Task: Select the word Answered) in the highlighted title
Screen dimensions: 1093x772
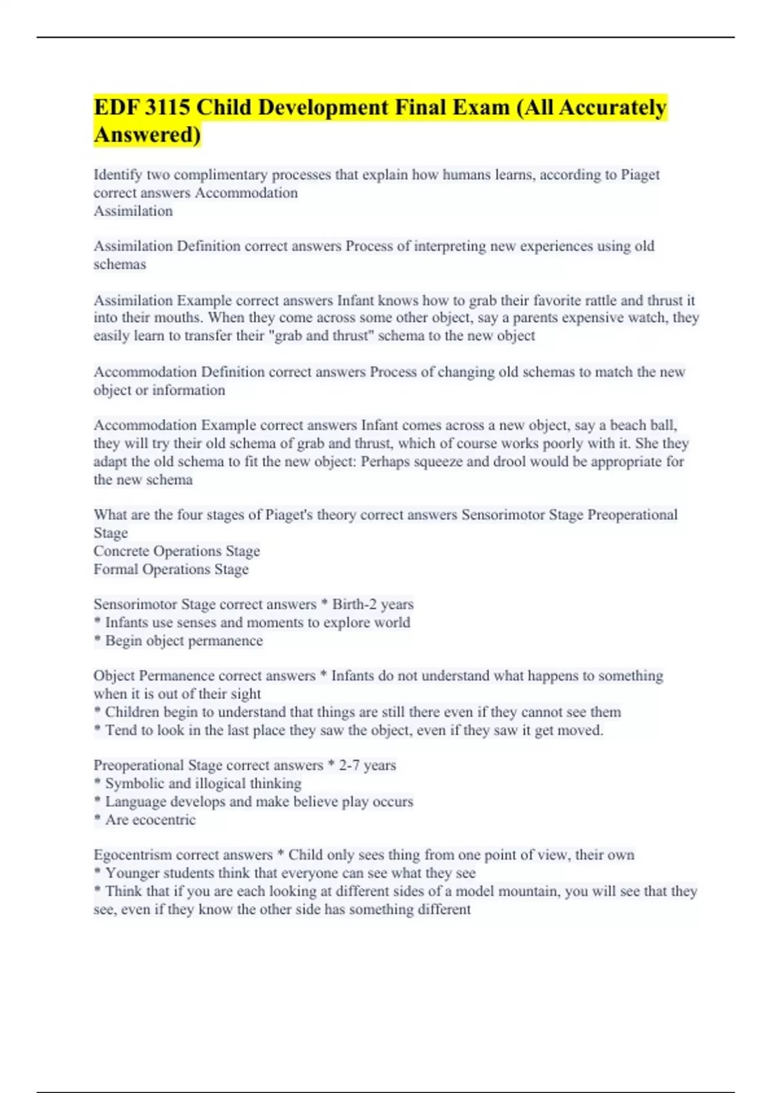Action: (147, 135)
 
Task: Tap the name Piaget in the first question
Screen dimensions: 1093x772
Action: (640, 175)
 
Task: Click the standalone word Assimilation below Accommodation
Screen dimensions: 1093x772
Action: (133, 211)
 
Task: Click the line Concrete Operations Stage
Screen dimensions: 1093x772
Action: (177, 551)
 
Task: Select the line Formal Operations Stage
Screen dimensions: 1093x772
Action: (171, 569)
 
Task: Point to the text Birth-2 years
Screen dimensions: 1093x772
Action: (372, 604)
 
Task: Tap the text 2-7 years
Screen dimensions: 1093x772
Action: (367, 765)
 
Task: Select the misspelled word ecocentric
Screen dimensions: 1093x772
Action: (163, 820)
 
